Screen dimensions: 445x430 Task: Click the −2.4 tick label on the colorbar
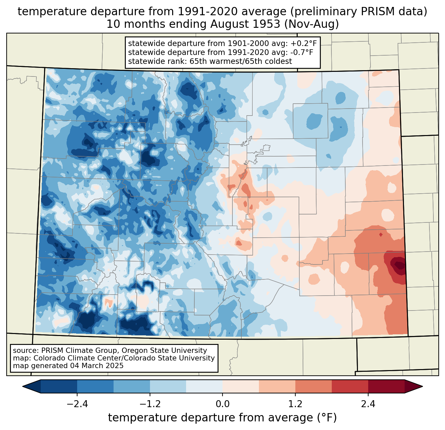point(77,404)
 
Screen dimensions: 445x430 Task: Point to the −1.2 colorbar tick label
point(150,404)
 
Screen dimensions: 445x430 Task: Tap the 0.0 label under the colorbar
point(222,404)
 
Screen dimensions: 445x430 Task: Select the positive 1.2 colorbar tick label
point(295,404)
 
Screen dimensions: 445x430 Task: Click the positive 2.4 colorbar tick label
point(368,404)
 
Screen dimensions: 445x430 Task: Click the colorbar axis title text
point(222,418)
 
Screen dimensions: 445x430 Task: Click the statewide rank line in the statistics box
point(210,61)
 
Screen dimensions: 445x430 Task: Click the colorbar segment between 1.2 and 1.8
point(314,386)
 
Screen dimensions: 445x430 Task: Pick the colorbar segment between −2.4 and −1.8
point(95,386)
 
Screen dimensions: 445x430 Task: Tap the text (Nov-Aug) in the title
point(311,24)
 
